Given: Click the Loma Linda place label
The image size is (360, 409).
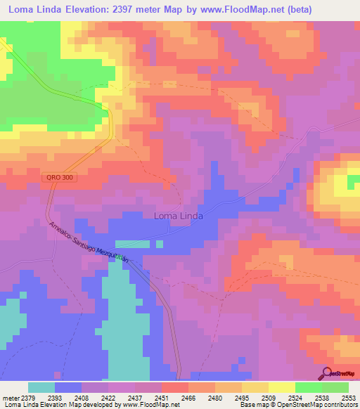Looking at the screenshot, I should click(178, 216).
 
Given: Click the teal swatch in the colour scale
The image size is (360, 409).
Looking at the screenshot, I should click(41, 387).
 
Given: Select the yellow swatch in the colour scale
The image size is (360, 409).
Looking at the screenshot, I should click(281, 387).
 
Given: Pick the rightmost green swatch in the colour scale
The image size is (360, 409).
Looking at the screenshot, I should click(335, 387).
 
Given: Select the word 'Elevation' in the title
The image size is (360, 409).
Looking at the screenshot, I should click(81, 9).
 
